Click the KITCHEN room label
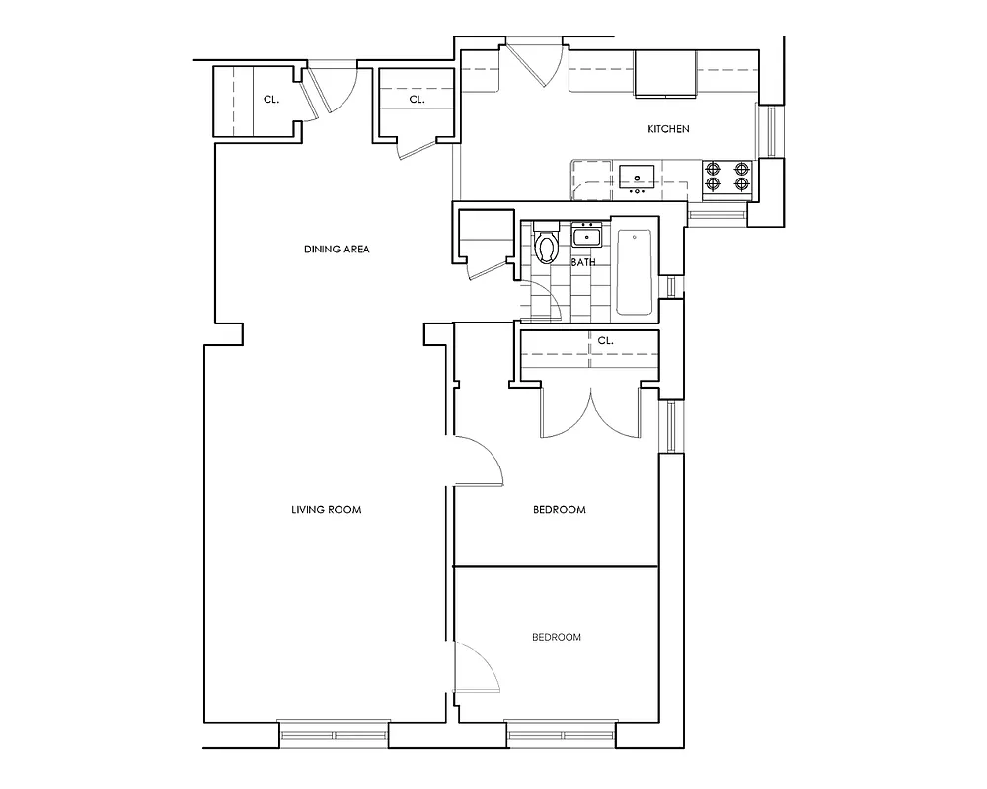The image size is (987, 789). (x=667, y=130)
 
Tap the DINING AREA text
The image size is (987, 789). (x=337, y=250)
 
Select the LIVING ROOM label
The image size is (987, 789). (x=327, y=510)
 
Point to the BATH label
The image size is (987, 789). (x=584, y=263)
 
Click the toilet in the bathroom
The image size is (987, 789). (x=546, y=247)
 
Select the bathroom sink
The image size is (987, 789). (x=586, y=236)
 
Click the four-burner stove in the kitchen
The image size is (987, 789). (x=728, y=176)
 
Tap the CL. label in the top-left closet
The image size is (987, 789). (x=269, y=100)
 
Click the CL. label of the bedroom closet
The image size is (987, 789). (x=605, y=341)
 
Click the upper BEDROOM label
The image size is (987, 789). (x=560, y=510)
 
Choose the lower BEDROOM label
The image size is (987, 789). (x=556, y=638)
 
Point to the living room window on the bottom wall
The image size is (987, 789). (x=334, y=735)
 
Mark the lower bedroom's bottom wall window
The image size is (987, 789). (x=562, y=735)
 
